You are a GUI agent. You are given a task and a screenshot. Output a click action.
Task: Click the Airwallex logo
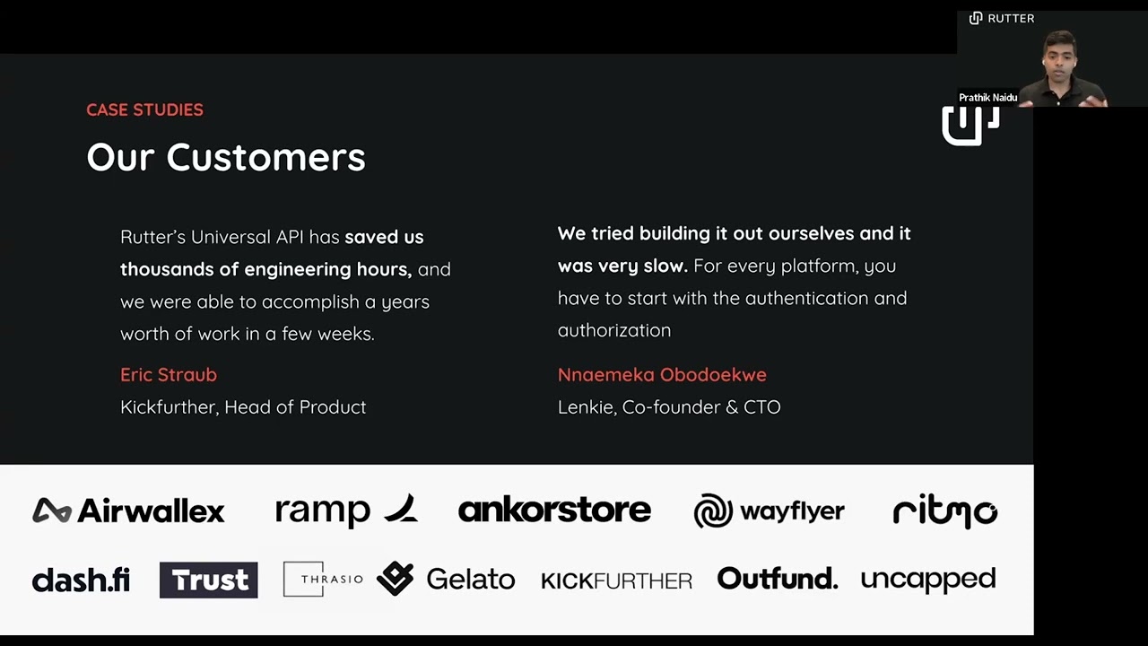pos(128,511)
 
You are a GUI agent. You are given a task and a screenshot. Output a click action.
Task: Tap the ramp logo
pos(345,510)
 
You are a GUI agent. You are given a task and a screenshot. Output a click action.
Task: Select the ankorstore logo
pos(554,510)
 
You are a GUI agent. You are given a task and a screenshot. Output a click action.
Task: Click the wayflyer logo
pos(769,511)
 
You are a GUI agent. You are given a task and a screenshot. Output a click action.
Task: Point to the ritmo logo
pos(944,511)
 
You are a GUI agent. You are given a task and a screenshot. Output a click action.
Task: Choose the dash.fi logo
pos(81,580)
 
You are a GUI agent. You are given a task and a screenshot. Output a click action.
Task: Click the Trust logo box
pos(209,580)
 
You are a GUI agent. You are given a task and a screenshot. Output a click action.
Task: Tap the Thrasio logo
pos(323,579)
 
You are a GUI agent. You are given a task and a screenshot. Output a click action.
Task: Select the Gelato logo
pos(446,579)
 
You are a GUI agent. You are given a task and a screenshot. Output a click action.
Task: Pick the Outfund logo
pos(777,579)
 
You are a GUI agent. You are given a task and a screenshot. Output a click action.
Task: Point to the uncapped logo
pos(927,580)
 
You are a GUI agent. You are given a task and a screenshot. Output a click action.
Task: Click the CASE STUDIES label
pos(144,109)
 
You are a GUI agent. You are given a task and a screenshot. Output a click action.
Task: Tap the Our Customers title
pos(225,157)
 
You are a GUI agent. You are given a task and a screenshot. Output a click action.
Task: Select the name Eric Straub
pos(169,374)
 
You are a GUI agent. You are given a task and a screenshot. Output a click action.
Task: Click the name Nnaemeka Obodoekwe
pos(662,374)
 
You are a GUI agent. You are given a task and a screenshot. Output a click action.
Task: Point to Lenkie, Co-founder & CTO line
pos(669,406)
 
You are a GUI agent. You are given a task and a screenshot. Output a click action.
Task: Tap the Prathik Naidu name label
pos(987,97)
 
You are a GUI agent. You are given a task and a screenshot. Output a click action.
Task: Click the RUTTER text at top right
pos(1010,18)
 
